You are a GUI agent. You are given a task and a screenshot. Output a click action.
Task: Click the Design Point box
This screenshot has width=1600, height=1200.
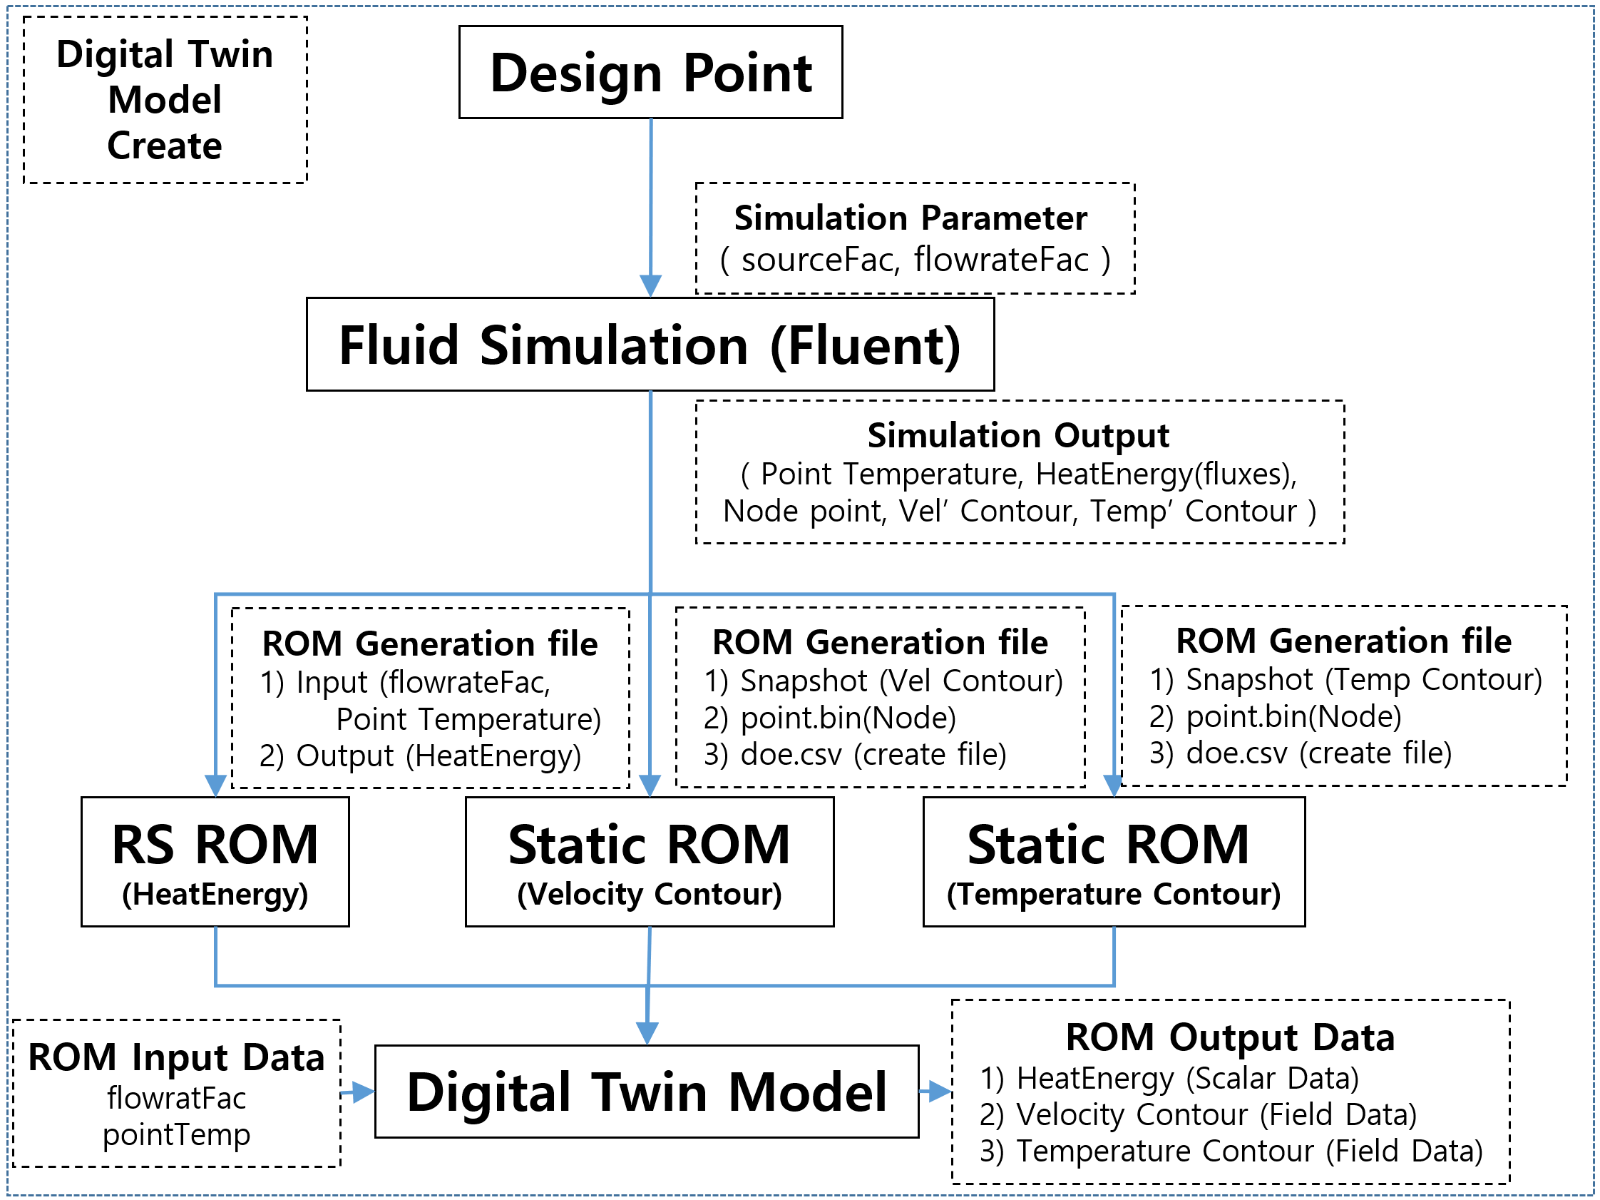point(650,72)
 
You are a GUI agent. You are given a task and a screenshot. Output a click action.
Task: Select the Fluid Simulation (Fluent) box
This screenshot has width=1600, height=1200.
point(650,345)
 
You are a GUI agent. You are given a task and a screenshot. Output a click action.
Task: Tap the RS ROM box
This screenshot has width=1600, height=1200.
point(215,862)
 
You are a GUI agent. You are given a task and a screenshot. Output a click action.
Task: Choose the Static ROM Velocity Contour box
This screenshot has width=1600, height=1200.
point(650,862)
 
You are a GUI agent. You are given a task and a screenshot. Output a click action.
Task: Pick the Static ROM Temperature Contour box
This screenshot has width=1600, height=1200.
point(1114,862)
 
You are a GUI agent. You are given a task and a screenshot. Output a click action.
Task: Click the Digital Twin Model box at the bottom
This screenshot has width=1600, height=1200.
point(647,1092)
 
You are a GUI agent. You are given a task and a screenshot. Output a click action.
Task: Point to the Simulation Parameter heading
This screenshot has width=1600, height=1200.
point(911,218)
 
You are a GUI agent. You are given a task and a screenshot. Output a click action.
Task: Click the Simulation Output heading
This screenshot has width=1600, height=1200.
point(1018,436)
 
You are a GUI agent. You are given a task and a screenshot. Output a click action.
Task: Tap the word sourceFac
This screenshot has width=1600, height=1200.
point(820,260)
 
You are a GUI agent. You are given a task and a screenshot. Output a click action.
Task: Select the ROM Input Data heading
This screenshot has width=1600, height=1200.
point(177,1057)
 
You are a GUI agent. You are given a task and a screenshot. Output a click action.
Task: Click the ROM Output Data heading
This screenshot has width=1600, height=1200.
point(1231,1037)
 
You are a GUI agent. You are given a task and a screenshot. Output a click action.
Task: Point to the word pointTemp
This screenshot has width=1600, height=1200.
point(177,1135)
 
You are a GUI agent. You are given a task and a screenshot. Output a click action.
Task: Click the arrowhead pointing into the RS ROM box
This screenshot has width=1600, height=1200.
point(215,785)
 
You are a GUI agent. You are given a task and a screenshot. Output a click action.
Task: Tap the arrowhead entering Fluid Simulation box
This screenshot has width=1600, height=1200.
point(650,286)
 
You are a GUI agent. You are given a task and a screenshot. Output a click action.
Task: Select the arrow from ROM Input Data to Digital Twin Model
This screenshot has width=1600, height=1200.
point(357,1092)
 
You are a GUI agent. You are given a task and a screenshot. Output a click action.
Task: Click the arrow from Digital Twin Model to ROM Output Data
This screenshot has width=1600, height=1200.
point(935,1091)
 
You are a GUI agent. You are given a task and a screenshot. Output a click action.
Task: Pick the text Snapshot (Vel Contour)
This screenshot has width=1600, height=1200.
point(901,681)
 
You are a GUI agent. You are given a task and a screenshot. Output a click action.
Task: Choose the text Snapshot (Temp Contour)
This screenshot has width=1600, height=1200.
point(1364,680)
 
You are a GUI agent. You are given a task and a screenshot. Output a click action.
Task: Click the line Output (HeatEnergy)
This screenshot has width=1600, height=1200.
point(420,756)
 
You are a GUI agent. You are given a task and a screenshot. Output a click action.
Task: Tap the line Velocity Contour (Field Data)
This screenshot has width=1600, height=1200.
point(1198,1114)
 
